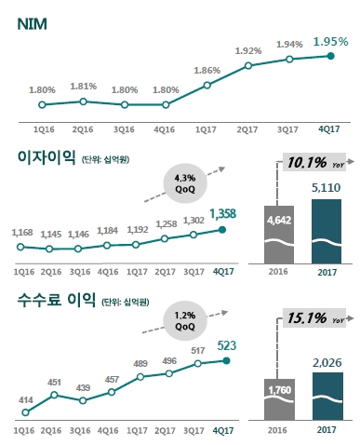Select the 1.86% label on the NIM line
(x=207, y=70)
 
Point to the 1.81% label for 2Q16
(x=83, y=87)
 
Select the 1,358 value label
(x=224, y=213)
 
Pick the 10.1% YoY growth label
(x=308, y=164)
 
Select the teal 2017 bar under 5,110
(x=327, y=233)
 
